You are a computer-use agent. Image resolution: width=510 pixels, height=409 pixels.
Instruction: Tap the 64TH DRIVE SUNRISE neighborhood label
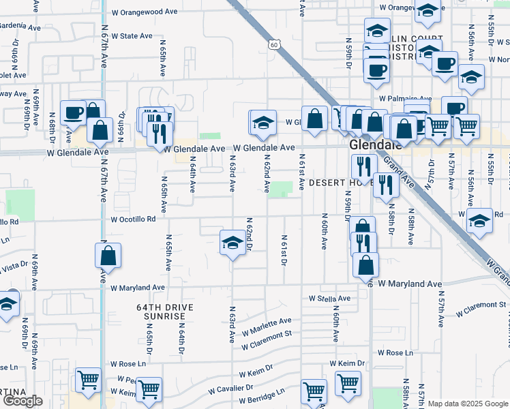pyautogui.click(x=165, y=312)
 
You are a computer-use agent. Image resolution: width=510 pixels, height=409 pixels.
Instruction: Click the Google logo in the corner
pyautogui.click(x=22, y=401)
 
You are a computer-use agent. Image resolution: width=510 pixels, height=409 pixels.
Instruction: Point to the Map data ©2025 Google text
pyautogui.click(x=467, y=404)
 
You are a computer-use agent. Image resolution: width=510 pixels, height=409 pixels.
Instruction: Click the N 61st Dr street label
pyautogui.click(x=284, y=249)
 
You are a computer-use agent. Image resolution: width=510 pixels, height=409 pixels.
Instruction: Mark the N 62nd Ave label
pyautogui.click(x=267, y=172)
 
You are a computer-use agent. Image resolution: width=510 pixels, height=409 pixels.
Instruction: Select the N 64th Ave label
pyautogui.click(x=193, y=175)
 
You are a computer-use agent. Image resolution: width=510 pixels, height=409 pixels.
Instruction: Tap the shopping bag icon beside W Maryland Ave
pyautogui.click(x=366, y=265)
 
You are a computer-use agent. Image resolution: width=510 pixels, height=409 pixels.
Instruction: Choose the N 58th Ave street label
pyautogui.click(x=412, y=227)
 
